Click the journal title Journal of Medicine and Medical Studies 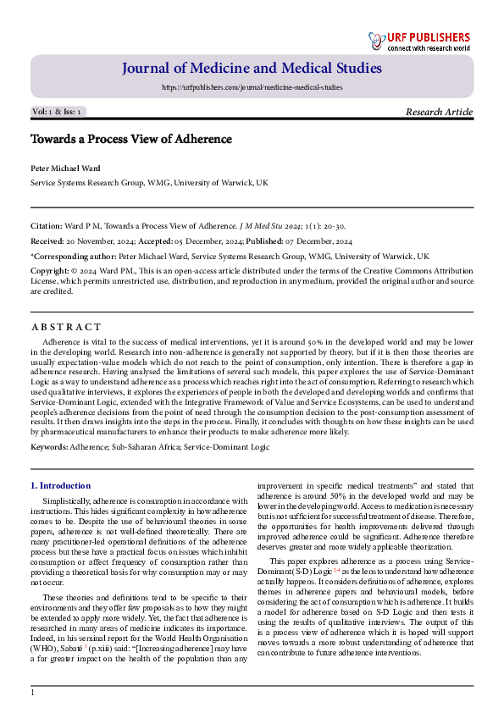[x=252, y=69]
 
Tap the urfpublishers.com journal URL [x=252, y=87]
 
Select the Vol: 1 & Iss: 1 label [x=57, y=112]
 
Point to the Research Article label [x=440, y=112]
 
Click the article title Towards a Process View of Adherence [x=131, y=139]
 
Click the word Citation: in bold [x=47, y=226]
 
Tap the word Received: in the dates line [x=49, y=240]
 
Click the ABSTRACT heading [x=66, y=327]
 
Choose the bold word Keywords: [x=51, y=445]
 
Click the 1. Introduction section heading [x=60, y=485]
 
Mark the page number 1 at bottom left [x=33, y=693]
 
